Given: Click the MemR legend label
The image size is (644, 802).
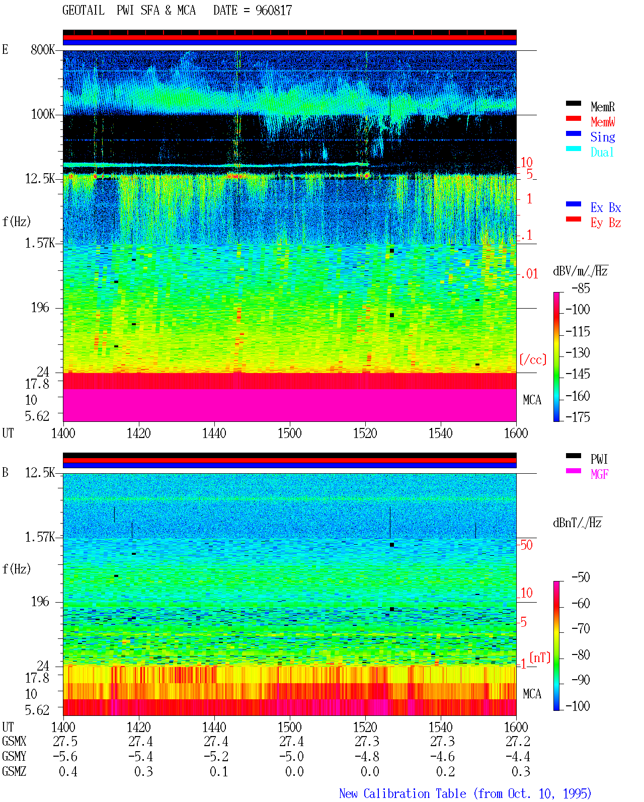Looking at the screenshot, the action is (602, 107).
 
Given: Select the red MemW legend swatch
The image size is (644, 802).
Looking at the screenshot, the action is (573, 118).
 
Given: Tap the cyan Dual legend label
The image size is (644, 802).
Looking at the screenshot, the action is (602, 152).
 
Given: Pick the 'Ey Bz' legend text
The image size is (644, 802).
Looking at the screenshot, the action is (605, 223).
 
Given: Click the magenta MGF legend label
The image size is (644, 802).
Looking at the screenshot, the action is (599, 474).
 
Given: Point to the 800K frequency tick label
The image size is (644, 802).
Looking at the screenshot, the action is (43, 49).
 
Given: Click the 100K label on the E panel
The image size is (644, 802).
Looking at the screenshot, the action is (43, 114).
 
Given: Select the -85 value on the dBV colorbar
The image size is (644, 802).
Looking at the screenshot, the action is (581, 288).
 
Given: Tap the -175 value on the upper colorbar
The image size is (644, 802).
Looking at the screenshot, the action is (578, 417).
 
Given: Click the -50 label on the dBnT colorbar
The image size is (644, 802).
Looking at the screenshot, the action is (581, 577).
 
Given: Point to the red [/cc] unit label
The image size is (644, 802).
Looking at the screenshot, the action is (533, 359).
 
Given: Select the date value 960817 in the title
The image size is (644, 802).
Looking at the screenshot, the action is (273, 11).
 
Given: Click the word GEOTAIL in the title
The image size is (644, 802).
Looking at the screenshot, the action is (84, 11).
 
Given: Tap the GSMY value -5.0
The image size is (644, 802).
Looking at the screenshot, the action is (291, 757).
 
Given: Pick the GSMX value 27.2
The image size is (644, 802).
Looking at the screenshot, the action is (518, 741).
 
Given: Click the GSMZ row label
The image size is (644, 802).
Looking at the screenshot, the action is (14, 771).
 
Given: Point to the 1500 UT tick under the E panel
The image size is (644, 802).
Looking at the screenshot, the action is (289, 433).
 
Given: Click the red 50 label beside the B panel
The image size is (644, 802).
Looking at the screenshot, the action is (526, 545).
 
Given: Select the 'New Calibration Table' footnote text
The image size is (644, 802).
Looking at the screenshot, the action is (403, 794).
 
